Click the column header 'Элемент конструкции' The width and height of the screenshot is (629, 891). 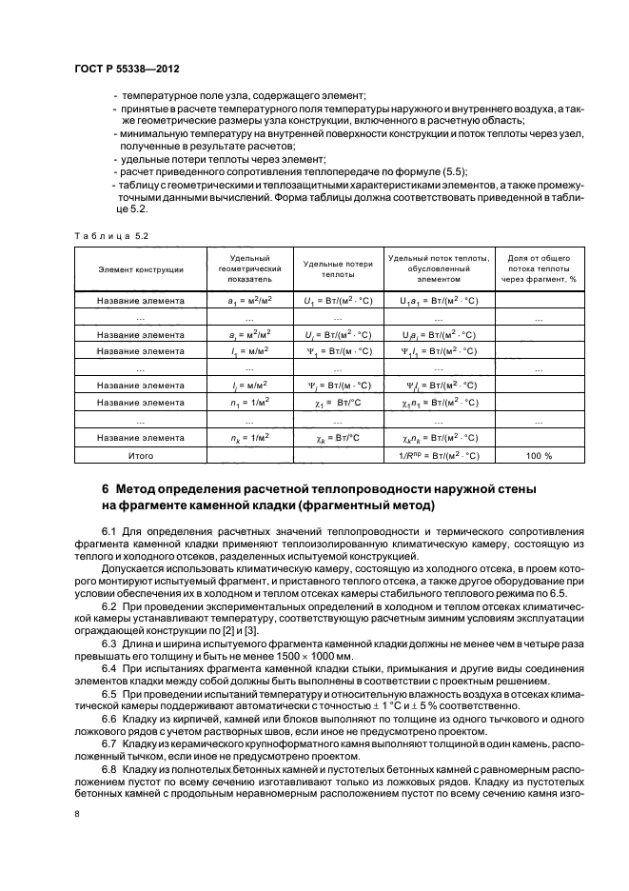(141, 269)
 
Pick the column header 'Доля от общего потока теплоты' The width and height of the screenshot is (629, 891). (540, 269)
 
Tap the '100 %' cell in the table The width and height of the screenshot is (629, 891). (539, 456)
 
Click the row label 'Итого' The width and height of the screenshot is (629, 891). (141, 456)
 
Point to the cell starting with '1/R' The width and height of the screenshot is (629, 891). (439, 456)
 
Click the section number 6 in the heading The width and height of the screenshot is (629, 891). (107, 489)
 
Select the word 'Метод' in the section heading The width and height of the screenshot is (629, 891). (139, 489)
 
